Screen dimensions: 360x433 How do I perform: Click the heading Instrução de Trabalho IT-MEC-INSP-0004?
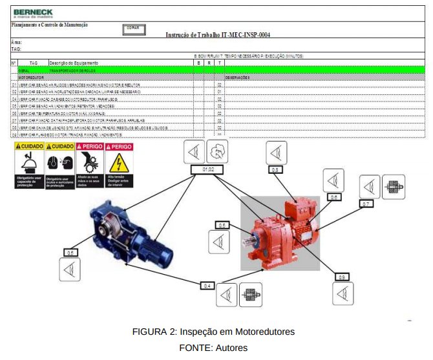tap(218, 35)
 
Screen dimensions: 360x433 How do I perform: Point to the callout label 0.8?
tap(275, 169)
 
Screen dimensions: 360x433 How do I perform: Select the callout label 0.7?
tap(366, 204)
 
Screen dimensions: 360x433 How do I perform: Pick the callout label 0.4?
tap(207, 284)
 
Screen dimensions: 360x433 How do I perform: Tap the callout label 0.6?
tap(333, 197)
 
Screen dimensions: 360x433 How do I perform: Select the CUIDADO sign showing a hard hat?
tap(28, 166)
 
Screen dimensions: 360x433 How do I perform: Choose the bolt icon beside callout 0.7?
tap(393, 187)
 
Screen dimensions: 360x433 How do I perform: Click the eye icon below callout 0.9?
tap(343, 293)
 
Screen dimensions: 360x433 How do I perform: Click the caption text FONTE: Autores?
tap(213, 348)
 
